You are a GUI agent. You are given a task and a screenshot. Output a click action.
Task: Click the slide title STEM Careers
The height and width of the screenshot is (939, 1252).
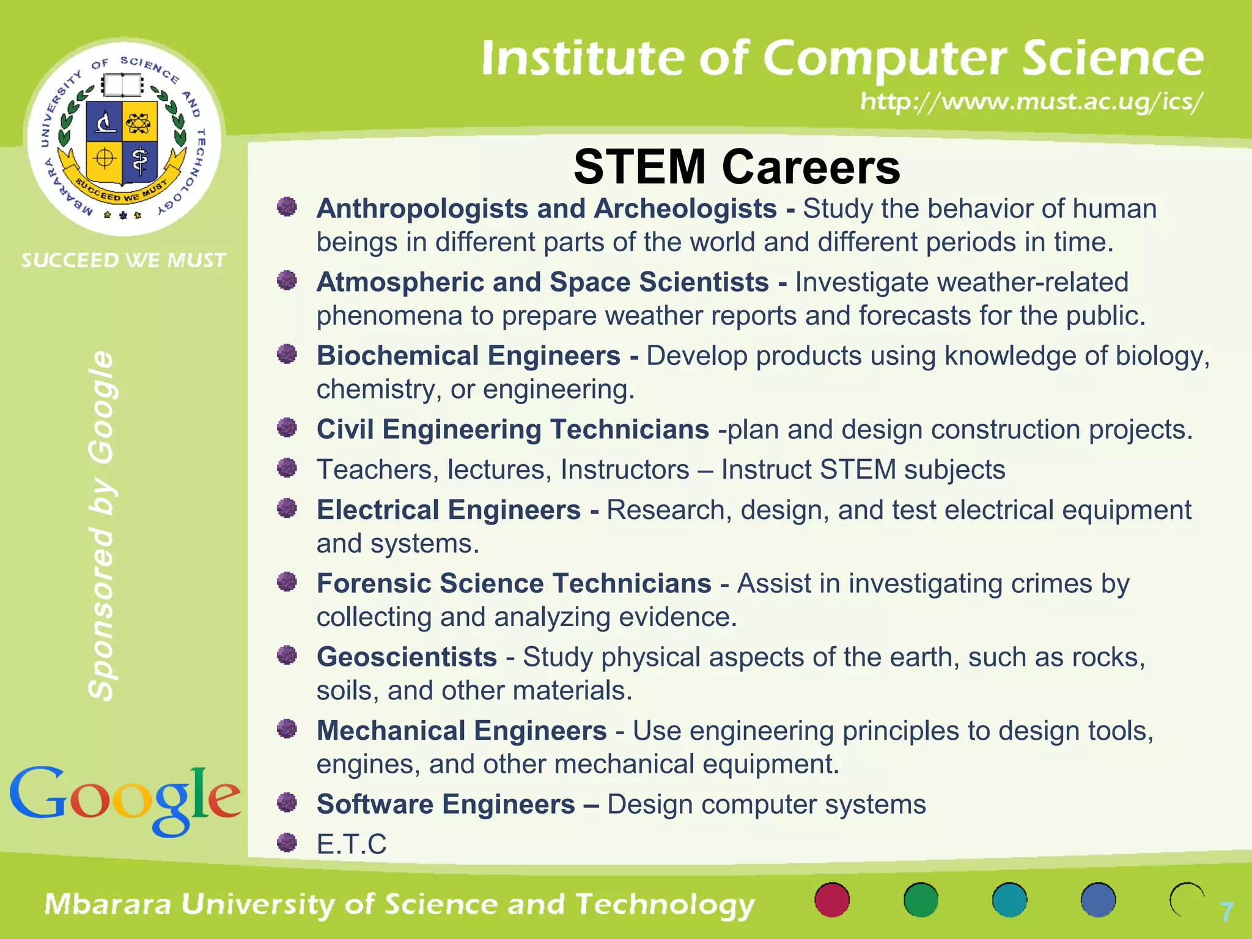pyautogui.click(x=737, y=167)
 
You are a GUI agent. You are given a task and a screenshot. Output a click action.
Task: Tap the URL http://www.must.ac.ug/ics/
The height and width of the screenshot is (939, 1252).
pyautogui.click(x=1032, y=101)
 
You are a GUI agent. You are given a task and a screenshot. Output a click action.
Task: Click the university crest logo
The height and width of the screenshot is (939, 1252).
pyautogui.click(x=123, y=137)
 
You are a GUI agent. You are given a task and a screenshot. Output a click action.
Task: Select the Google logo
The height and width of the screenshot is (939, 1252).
pyautogui.click(x=125, y=799)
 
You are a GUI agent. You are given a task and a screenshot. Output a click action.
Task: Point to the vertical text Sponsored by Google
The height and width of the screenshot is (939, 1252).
pyautogui.click(x=101, y=526)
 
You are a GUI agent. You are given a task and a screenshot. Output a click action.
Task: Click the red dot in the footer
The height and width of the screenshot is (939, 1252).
pyautogui.click(x=832, y=900)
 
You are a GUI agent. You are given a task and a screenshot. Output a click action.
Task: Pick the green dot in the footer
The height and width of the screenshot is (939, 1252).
pyautogui.click(x=921, y=900)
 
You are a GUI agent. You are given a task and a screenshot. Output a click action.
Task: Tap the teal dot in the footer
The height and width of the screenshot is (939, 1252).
pyautogui.click(x=1009, y=900)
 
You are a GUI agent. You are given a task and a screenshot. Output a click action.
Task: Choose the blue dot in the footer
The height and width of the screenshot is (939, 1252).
pyautogui.click(x=1098, y=900)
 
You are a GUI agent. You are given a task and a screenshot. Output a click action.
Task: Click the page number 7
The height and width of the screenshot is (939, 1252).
pyautogui.click(x=1226, y=912)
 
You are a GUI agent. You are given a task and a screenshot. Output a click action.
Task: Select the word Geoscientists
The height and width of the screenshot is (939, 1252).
pyautogui.click(x=407, y=657)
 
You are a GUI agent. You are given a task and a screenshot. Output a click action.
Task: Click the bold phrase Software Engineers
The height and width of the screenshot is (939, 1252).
pyautogui.click(x=446, y=805)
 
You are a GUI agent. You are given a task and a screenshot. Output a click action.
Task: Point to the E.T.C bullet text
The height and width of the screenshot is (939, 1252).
pyautogui.click(x=352, y=844)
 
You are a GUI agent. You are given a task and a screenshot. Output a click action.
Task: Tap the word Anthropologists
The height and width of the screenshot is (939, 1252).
pyautogui.click(x=422, y=209)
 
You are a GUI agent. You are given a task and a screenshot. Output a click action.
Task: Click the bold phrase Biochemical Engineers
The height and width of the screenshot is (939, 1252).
pyautogui.click(x=468, y=356)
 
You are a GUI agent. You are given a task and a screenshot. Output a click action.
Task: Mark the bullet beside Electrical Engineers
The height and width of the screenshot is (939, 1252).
pyautogui.click(x=287, y=508)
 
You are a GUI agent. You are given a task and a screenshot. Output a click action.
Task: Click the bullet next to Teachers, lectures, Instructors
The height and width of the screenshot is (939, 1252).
pyautogui.click(x=287, y=468)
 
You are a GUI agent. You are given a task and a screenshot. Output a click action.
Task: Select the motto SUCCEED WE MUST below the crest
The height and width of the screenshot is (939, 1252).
pyautogui.click(x=123, y=260)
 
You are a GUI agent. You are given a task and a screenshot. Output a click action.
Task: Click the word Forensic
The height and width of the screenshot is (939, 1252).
pyautogui.click(x=374, y=583)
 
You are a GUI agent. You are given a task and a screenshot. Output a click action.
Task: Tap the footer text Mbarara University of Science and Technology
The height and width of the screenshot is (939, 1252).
pyautogui.click(x=400, y=905)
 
